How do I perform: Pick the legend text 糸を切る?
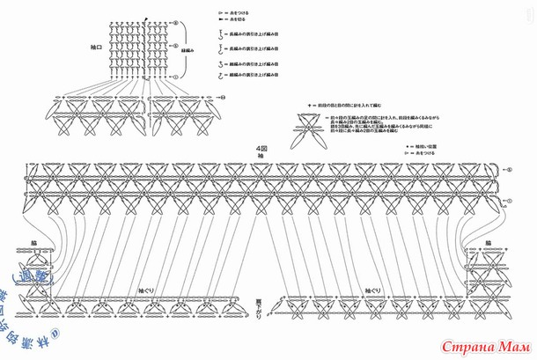pyautogui.click(x=232, y=23)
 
